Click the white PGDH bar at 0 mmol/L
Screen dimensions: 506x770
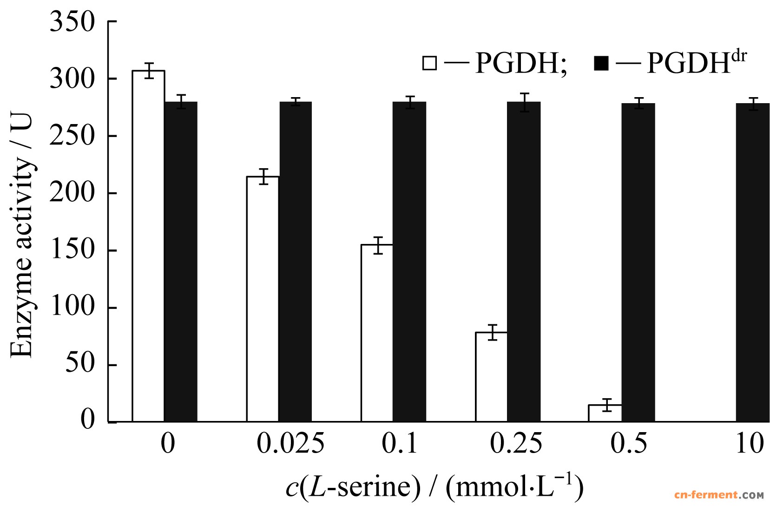tap(148, 246)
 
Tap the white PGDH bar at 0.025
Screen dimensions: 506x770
tap(263, 299)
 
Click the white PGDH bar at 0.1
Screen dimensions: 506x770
tap(377, 333)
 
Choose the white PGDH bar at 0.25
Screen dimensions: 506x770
tap(491, 377)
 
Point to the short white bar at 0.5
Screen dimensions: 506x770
tap(605, 413)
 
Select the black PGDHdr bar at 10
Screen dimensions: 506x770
tap(752, 263)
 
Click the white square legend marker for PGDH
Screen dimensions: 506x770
tap(429, 63)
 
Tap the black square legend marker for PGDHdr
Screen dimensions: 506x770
tap(601, 63)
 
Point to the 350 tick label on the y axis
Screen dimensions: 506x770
tap(72, 22)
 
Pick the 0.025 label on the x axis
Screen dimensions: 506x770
tap(290, 444)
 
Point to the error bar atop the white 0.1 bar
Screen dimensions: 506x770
tap(378, 245)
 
